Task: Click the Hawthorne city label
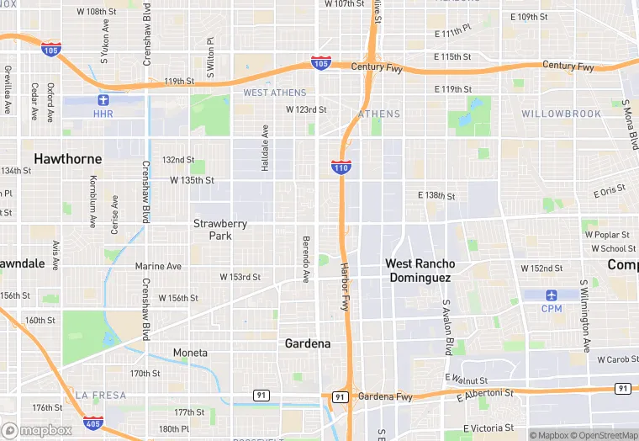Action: tap(68, 158)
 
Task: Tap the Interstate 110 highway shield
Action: tap(341, 167)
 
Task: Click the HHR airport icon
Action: tap(103, 101)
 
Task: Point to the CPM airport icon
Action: tap(552, 295)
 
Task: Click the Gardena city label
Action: tap(307, 343)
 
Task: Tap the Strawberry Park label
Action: tap(220, 230)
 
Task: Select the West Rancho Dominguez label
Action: tap(420, 270)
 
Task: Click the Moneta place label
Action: tap(190, 353)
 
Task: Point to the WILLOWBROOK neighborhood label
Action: tap(561, 114)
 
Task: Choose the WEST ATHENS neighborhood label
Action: tap(275, 93)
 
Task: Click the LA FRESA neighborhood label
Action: tap(101, 395)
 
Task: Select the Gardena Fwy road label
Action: tap(385, 396)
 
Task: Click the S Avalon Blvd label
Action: tap(447, 327)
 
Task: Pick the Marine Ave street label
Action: tap(158, 267)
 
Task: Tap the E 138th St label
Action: tap(436, 196)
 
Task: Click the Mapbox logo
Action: tap(36, 430)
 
